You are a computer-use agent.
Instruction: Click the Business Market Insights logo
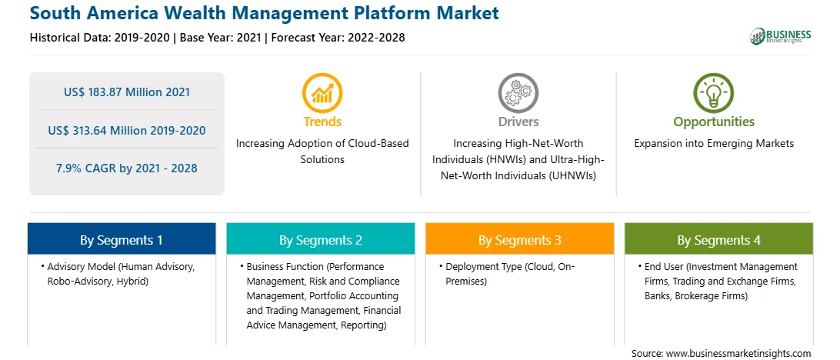coord(781,36)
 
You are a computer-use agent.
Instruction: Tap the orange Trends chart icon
coord(322,93)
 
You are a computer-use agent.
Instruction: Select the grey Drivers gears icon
coord(518,93)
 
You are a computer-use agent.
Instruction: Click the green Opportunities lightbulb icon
coord(714,93)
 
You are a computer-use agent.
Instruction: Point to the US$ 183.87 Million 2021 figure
coord(127,92)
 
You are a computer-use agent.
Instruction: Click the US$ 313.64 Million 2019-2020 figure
coord(127,130)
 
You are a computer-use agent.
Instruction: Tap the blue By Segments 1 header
coord(122,239)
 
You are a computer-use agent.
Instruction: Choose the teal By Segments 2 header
coord(320,239)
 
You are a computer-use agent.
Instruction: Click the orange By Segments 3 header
coord(520,239)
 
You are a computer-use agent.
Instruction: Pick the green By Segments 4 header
coord(719,239)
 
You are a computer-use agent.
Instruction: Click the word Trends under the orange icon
coord(322,122)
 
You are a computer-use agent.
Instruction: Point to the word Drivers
coord(518,122)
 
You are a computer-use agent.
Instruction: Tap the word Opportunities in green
coord(714,122)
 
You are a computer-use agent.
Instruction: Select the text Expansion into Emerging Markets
coord(714,144)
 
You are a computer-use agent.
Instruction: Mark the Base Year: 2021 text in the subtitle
coord(221,38)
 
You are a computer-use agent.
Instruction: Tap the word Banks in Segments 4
coord(658,295)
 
